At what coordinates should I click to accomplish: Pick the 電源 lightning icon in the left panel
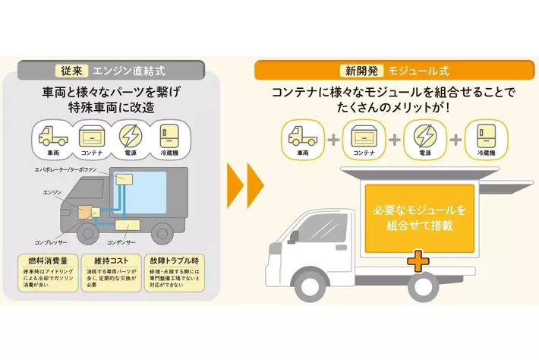pos(132,137)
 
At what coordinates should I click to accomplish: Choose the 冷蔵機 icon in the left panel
pos(171,137)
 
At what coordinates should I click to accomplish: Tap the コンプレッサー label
pos(49,243)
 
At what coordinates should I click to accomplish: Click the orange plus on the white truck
pos(417,261)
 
